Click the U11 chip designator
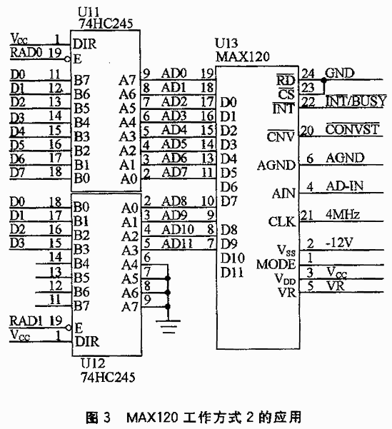pyautogui.click(x=89, y=12)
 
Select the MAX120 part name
pyautogui.click(x=242, y=56)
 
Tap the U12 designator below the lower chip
pyautogui.click(x=93, y=363)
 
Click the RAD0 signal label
pyautogui.click(x=26, y=52)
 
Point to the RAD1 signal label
pyautogui.click(x=26, y=321)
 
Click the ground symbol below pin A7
pyautogui.click(x=168, y=326)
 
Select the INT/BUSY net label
pyautogui.click(x=356, y=101)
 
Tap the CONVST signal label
pyautogui.click(x=352, y=129)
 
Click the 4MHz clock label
pyautogui.click(x=343, y=214)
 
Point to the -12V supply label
pyautogui.click(x=339, y=243)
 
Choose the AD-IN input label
pyautogui.click(x=345, y=186)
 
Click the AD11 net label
pyautogui.click(x=177, y=243)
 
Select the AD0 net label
pyautogui.click(x=174, y=73)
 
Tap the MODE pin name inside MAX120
pyautogui.click(x=276, y=264)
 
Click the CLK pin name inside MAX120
pyautogui.click(x=282, y=221)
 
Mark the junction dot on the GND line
pyautogui.click(x=324, y=80)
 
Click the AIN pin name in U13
pyautogui.click(x=284, y=193)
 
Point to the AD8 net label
pyautogui.click(x=174, y=201)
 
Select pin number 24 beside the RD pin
pyautogui.click(x=308, y=74)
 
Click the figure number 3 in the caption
pyautogui.click(x=107, y=418)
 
